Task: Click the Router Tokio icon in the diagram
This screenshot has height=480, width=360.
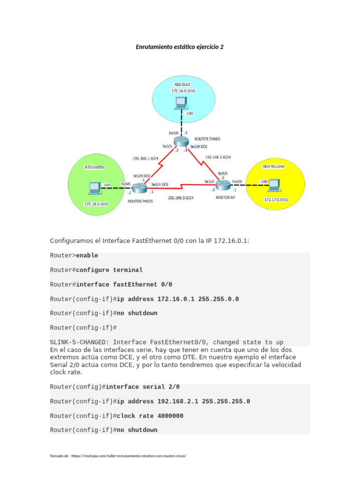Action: point(180,141)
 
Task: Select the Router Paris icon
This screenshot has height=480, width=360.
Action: point(140,188)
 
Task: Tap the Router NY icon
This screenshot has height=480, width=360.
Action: point(224,186)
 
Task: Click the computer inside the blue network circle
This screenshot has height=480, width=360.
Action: point(180,103)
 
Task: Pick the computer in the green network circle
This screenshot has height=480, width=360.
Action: point(95,188)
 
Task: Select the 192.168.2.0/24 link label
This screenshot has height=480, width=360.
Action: point(217,157)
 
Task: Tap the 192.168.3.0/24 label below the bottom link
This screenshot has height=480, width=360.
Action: point(181,198)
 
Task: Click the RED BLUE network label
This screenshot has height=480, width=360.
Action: point(182,84)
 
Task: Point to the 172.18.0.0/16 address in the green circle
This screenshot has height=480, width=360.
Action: point(96,204)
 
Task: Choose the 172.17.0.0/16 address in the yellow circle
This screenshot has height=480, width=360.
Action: point(276,200)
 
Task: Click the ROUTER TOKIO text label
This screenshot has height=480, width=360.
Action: point(207,139)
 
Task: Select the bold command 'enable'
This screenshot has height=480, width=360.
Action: point(87,255)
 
